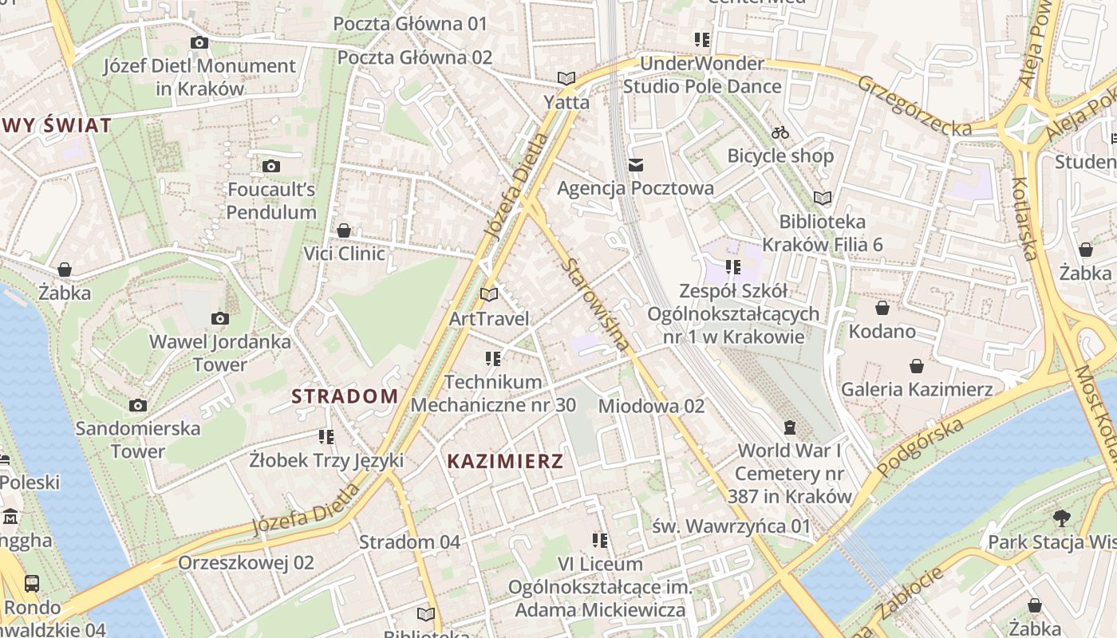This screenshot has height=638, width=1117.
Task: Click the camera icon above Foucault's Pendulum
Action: (x=271, y=166)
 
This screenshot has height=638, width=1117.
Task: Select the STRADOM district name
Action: (x=345, y=396)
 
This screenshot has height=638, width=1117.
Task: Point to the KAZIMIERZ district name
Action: (x=505, y=461)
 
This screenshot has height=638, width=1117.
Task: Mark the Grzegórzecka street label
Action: (x=914, y=105)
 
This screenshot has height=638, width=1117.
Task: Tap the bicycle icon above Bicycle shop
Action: (x=780, y=132)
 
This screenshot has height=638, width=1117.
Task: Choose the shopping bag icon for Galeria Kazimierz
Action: (x=917, y=366)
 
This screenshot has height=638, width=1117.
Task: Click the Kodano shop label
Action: (x=882, y=330)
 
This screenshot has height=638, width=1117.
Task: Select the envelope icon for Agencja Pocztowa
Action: (x=636, y=165)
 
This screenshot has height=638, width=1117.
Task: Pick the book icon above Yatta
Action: (x=566, y=78)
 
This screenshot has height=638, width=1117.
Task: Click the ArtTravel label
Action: (x=489, y=319)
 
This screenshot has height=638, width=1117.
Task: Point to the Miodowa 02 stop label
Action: (x=651, y=406)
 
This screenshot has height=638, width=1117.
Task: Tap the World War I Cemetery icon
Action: (x=790, y=427)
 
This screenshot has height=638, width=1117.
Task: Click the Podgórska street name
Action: (x=920, y=447)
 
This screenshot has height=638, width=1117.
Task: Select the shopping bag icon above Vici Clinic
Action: (x=344, y=230)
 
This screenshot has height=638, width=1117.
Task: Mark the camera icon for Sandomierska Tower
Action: (x=138, y=405)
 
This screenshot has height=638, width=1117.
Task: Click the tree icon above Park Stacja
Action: (x=1061, y=518)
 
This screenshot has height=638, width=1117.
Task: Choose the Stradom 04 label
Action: (x=409, y=542)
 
